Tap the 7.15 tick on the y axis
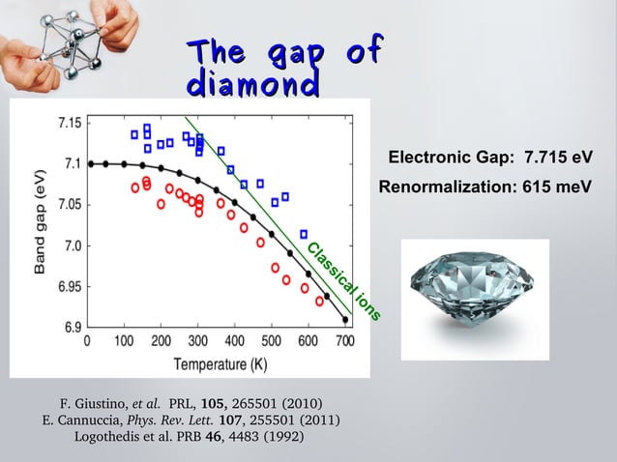pos(69,124)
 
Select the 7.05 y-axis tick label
pos(69,205)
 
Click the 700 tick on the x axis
pos(345,341)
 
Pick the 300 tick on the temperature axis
pos(198,341)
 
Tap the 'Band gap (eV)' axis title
pos(41,224)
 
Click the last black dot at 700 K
pos(345,319)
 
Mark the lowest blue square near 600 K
pos(304,234)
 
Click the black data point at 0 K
pos(91,163)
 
